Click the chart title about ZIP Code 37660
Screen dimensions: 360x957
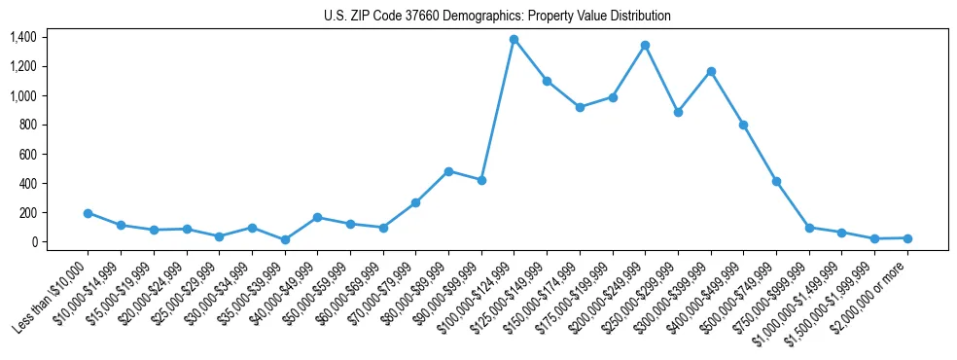[497, 17]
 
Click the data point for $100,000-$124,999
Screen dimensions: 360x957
[514, 40]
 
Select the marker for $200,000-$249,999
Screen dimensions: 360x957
[645, 46]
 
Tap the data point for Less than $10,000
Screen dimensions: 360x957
[88, 213]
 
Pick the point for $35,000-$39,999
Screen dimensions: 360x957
[285, 239]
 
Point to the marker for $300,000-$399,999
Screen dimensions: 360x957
[711, 71]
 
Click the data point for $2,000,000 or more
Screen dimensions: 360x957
[907, 238]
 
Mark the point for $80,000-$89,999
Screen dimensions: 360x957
[448, 171]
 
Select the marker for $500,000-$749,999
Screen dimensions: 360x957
[776, 181]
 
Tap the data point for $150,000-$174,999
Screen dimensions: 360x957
[580, 107]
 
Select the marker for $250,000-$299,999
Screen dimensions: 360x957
[678, 112]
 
